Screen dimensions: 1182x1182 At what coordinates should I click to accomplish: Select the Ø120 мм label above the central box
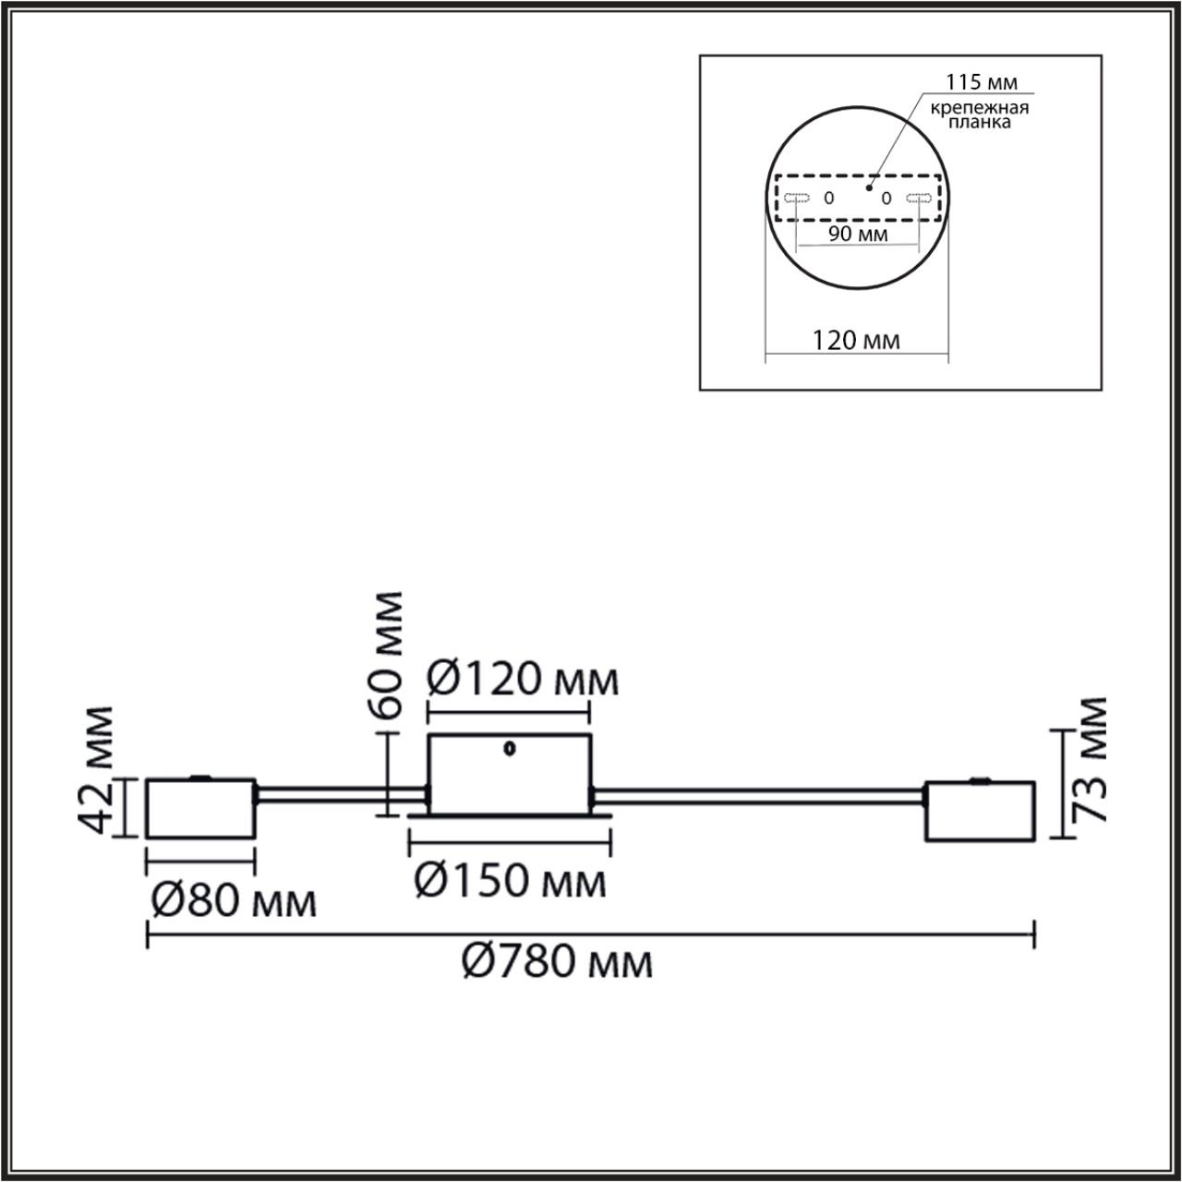[x=523, y=681]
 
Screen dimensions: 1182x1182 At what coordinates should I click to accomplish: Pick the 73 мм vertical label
[x=1093, y=759]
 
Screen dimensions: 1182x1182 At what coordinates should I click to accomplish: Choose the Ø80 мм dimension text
[x=233, y=900]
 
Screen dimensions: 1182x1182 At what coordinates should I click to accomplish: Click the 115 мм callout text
[x=987, y=83]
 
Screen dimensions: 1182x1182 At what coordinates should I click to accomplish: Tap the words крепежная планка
[x=980, y=115]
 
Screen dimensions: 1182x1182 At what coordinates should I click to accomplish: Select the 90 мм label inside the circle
[x=858, y=234]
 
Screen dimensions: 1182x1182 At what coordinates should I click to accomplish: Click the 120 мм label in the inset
[x=856, y=340]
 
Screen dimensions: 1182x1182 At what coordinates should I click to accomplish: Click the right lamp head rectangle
[x=980, y=812]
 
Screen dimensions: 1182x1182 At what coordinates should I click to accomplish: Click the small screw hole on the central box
[x=508, y=750]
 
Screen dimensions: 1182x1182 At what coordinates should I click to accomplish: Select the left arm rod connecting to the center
[x=340, y=792]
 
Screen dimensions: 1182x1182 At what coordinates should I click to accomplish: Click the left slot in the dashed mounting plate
[x=796, y=198]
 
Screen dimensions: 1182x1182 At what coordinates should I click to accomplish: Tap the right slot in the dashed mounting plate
[x=918, y=198]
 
